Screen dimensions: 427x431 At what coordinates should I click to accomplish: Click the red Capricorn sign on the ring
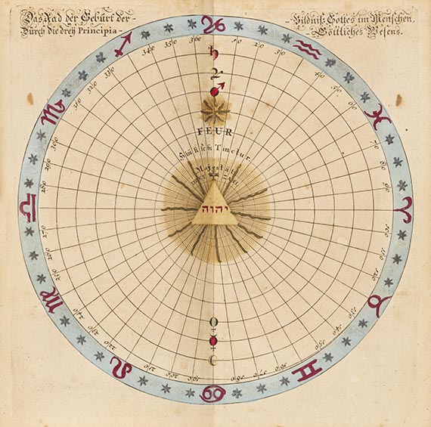[x=214, y=24]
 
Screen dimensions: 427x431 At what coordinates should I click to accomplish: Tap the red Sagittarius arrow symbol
[x=121, y=44]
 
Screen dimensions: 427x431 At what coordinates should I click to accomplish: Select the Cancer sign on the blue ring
[x=213, y=393]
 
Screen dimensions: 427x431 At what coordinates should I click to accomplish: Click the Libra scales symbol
[x=28, y=207]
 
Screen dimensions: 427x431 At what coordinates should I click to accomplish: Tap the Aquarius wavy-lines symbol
[x=308, y=49]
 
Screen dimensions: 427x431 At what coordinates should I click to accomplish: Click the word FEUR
[x=215, y=130]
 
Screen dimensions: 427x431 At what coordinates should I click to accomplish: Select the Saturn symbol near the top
[x=214, y=54]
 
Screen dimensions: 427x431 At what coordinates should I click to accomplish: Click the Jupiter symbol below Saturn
[x=215, y=74]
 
